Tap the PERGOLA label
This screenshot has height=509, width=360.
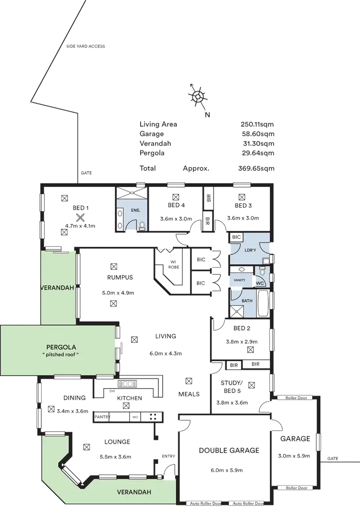click(60, 346)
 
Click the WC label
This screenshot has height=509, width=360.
click(261, 283)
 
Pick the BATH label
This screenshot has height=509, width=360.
click(247, 301)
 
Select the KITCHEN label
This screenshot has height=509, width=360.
click(129, 398)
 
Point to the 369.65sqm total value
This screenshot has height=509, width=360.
click(257, 169)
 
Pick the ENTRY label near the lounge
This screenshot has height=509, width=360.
click(169, 455)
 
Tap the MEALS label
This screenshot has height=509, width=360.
click(189, 394)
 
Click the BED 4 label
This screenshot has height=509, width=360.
click(176, 205)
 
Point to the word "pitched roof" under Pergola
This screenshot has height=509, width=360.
click(60, 354)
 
